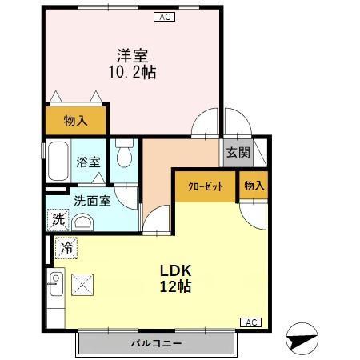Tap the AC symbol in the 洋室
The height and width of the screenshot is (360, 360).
pyautogui.click(x=165, y=16)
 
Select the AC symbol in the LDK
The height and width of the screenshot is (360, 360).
pyautogui.click(x=250, y=322)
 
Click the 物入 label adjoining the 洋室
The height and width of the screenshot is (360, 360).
pyautogui.click(x=75, y=121)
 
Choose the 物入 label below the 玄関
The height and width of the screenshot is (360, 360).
pyautogui.click(x=254, y=186)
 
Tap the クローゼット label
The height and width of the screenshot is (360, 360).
pyautogui.click(x=205, y=186)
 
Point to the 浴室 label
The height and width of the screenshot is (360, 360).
pyautogui.click(x=87, y=162)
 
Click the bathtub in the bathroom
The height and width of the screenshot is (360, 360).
pyautogui.click(x=58, y=162)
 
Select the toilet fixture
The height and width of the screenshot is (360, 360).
pyautogui.click(x=123, y=152)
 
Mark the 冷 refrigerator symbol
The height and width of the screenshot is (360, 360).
pyautogui.click(x=68, y=249)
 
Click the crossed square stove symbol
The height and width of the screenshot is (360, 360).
pyautogui.click(x=82, y=283)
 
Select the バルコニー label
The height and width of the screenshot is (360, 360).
pyautogui.click(x=156, y=343)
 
